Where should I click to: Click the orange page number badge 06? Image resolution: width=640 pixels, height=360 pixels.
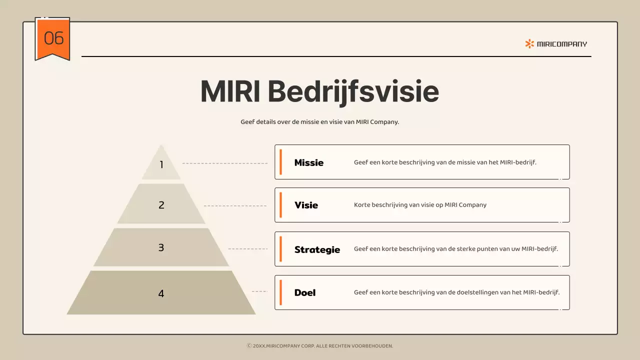[52, 38]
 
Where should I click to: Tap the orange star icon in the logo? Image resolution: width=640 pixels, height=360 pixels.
[529, 43]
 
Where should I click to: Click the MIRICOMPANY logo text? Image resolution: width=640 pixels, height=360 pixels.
[562, 44]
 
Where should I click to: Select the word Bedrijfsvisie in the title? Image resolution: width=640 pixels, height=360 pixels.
[353, 91]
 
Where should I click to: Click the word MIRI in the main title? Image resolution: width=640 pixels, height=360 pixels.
[230, 91]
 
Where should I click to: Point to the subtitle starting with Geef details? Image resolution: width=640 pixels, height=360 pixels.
[319, 121]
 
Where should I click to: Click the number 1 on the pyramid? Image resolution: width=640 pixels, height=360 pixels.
[161, 164]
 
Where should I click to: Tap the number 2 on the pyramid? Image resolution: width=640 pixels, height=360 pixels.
[161, 205]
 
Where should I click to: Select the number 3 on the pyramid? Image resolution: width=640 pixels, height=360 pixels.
[161, 247]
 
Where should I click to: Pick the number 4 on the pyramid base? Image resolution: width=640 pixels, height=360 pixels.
[161, 293]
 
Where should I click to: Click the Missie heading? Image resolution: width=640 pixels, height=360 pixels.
[308, 162]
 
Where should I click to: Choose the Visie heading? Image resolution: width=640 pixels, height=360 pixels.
[306, 205]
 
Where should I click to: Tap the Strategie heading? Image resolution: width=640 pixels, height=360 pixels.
[317, 249]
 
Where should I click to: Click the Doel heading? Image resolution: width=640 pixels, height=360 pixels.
[304, 292]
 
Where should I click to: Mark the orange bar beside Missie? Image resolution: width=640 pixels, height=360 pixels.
[280, 162]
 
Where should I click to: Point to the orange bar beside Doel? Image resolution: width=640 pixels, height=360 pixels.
[280, 292]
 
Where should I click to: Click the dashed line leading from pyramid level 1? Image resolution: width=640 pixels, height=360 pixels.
[225, 163]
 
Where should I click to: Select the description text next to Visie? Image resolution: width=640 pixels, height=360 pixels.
[420, 205]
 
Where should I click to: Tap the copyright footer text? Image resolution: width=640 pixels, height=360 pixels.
[320, 345]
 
